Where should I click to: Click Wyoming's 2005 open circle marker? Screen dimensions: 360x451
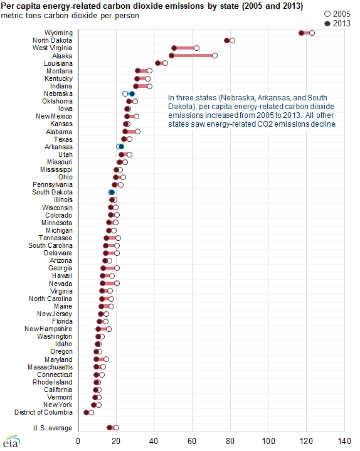pos(312,33)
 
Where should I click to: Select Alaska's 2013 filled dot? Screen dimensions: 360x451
pos(171,55)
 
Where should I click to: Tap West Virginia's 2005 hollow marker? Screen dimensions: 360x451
pos(196,48)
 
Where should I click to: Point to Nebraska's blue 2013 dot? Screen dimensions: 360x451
pos(132,93)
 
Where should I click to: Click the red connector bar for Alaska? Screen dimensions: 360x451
pos(193,55)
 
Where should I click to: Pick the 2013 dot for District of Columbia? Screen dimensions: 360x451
pos(86,413)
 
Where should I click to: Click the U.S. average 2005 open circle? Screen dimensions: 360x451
pos(116,427)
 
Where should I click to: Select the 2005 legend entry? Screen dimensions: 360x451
pos(337,14)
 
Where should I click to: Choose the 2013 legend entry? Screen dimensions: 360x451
pos(337,23)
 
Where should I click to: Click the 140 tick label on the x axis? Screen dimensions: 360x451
pos(344,441)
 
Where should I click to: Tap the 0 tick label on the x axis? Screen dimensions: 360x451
pos(78,441)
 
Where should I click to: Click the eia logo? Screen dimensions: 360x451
pos(11,442)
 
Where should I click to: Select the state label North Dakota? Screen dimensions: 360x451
pos(52,40)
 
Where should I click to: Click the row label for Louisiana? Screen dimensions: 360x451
pos(58,63)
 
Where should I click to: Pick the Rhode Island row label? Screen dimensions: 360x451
pos(52,382)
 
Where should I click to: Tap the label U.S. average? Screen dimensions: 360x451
pos(53,428)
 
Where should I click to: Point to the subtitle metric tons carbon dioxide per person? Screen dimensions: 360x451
pos(70,16)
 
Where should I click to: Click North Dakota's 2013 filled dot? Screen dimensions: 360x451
pos(227,41)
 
